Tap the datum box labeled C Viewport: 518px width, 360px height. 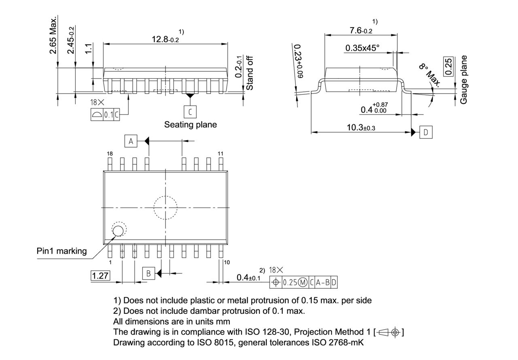(189, 111)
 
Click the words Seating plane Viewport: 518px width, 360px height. (190, 125)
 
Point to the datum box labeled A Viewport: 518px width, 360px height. (131, 141)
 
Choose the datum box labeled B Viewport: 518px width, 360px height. (149, 273)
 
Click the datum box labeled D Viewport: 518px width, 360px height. (426, 132)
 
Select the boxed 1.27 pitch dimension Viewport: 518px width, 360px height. (100, 276)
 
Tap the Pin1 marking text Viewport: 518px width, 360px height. (62, 251)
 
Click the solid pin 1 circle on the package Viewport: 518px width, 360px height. (118, 231)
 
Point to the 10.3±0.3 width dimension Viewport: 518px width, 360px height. (361, 127)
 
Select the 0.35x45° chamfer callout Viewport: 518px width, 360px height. (362, 48)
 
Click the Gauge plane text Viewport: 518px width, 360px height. (464, 80)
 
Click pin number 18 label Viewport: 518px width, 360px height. (110, 154)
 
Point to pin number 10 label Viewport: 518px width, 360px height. (227, 262)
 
